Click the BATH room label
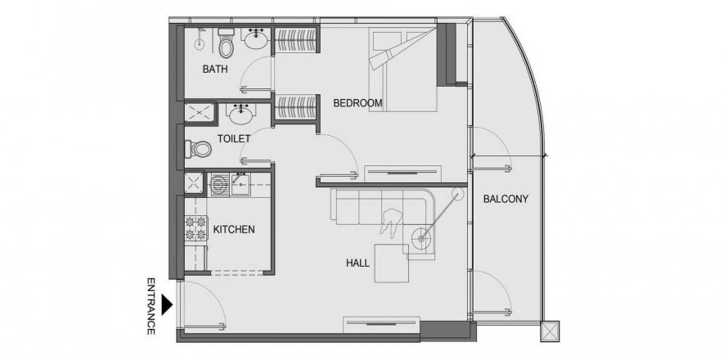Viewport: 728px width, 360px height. tap(215, 70)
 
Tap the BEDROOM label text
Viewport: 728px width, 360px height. tap(357, 103)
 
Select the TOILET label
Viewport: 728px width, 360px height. tap(234, 138)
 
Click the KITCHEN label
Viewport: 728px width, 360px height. tap(234, 229)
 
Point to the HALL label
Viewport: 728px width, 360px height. tap(357, 263)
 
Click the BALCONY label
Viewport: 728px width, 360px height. tap(506, 200)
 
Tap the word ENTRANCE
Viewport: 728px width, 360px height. tap(151, 306)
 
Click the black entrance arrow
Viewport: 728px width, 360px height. tap(167, 304)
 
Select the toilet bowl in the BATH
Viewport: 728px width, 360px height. tap(226, 43)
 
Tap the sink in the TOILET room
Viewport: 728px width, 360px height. tap(241, 115)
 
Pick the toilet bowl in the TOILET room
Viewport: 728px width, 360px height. tap(198, 149)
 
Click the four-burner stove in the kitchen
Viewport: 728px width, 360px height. tap(195, 227)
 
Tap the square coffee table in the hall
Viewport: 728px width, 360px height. tap(392, 263)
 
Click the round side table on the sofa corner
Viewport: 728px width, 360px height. tap(421, 239)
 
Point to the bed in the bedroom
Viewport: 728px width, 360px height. tap(403, 70)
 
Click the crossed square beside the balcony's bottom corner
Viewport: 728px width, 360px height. tap(550, 331)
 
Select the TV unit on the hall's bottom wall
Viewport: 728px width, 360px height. tap(381, 324)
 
